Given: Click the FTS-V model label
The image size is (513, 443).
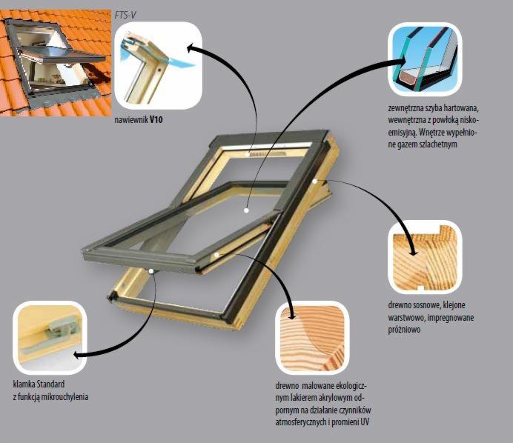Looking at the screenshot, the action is pyautogui.click(x=125, y=16).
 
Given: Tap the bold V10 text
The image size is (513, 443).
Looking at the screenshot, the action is pyautogui.click(x=156, y=120).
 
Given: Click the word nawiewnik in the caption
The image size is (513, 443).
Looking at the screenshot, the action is pyautogui.click(x=131, y=120).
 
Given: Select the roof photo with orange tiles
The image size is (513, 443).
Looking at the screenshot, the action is pyautogui.click(x=56, y=63).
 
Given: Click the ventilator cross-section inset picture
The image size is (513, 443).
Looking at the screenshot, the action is pyautogui.click(x=159, y=65).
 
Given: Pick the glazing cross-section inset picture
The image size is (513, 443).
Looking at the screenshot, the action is pyautogui.click(x=425, y=59).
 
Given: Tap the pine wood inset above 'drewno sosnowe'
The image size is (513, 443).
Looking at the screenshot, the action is pyautogui.click(x=425, y=257).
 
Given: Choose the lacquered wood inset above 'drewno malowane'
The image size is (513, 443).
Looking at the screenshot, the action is pyautogui.click(x=312, y=338).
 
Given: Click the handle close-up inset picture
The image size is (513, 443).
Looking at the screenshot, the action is pyautogui.click(x=50, y=338).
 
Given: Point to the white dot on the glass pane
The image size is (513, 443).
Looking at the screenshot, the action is pyautogui.click(x=246, y=210).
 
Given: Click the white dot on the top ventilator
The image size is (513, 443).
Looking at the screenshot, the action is pyautogui.click(x=248, y=154).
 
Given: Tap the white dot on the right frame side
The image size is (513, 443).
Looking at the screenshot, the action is pyautogui.click(x=315, y=181).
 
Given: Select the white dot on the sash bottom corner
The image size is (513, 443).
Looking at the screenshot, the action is pyautogui.click(x=217, y=254).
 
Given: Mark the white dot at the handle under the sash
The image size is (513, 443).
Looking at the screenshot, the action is pyautogui.click(x=151, y=270).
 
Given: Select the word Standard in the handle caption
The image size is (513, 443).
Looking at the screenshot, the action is pyautogui.click(x=50, y=384).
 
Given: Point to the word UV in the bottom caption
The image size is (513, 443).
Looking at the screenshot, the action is pyautogui.click(x=365, y=422).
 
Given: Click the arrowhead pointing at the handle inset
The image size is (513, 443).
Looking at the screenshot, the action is pyautogui.click(x=77, y=355).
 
